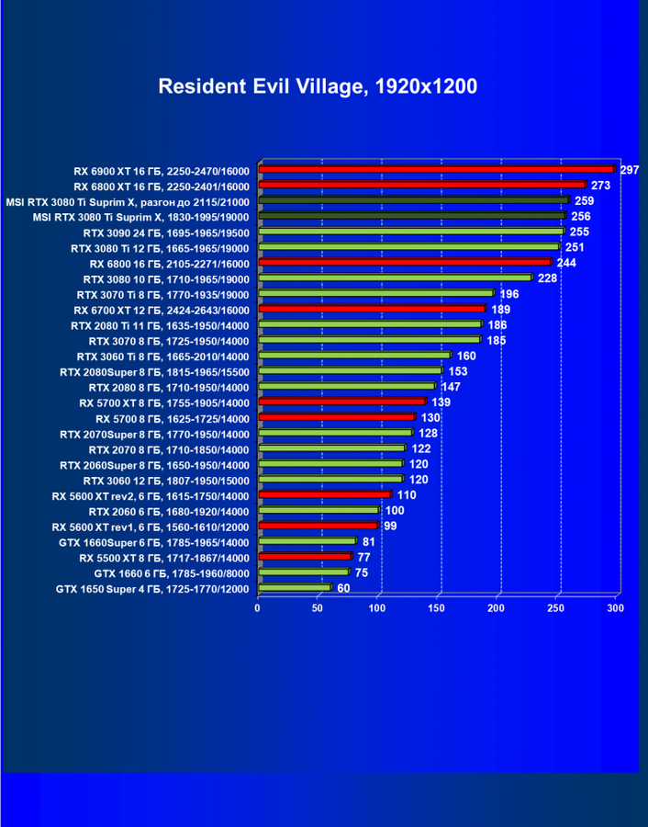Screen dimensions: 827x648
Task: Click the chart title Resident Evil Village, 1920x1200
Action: (318, 86)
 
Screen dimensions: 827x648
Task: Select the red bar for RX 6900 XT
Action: (435, 169)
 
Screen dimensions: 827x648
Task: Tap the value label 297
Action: (630, 170)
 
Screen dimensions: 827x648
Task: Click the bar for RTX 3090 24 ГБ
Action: (410, 232)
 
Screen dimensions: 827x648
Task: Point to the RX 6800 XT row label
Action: (162, 186)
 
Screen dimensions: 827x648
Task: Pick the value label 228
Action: (547, 278)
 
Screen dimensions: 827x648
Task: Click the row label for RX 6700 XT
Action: (162, 310)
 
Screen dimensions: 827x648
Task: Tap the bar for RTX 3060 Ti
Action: (353, 356)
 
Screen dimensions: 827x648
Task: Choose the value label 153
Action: (458, 371)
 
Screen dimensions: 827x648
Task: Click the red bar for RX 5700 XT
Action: (341, 402)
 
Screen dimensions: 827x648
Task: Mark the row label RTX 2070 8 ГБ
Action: (169, 449)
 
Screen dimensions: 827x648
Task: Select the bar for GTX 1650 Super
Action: (294, 588)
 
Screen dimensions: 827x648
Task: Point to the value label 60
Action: (343, 589)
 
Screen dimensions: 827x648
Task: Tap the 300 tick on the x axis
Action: (615, 608)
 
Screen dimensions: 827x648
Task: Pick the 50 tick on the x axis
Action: (318, 608)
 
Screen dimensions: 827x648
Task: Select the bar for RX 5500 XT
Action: (304, 557)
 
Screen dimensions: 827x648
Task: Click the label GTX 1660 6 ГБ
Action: (171, 573)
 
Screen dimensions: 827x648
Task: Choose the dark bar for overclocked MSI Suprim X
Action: (413, 200)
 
